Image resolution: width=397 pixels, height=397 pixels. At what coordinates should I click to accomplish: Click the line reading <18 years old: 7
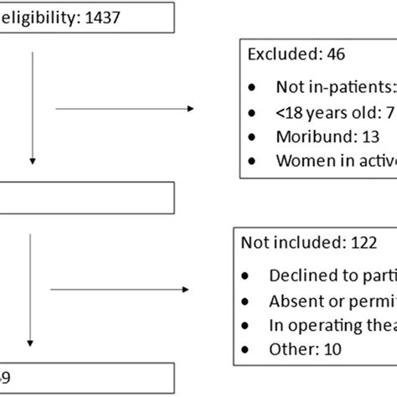point(330,113)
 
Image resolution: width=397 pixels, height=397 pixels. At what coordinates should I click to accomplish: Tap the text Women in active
point(335,161)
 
